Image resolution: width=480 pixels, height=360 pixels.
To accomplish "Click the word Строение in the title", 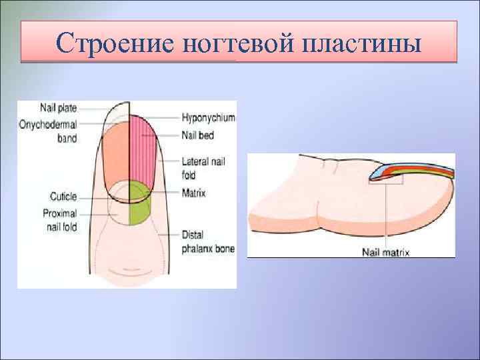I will coord(115,44).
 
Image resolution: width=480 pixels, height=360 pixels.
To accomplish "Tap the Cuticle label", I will coord(63,197).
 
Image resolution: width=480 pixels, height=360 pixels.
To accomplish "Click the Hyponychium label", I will coord(209,117).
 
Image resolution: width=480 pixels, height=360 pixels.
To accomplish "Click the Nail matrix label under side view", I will coord(385,252).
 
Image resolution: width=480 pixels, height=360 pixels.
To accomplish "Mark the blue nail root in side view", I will coord(377,173).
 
